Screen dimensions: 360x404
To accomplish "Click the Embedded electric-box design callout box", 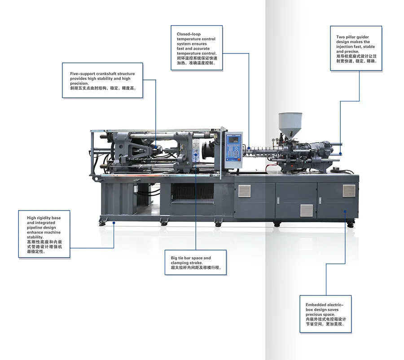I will click(325, 314).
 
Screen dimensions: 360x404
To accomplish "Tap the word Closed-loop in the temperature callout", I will click(189, 34).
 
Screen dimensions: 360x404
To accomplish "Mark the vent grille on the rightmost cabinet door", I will click(349, 191).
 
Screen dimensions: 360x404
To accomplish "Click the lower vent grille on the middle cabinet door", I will click(307, 210).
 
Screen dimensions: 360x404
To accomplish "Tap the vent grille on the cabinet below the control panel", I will click(244, 191).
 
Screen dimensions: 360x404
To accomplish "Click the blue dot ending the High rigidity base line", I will click(114, 222).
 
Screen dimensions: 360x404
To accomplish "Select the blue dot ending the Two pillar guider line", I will click(340, 153).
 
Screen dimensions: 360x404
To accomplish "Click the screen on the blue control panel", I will click(233, 140).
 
